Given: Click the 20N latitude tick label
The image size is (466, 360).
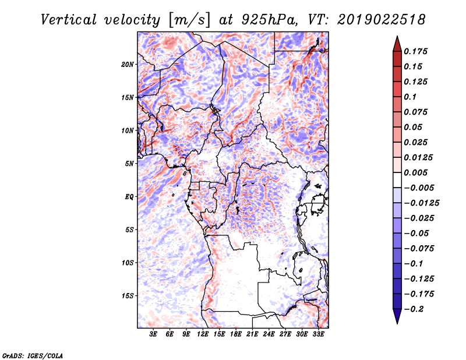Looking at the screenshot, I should tap(128, 64).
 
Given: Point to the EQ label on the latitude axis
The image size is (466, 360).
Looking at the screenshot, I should tap(129, 197).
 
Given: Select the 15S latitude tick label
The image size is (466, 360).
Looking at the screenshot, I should tap(128, 296).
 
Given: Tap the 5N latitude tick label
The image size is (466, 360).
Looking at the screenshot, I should tap(129, 164).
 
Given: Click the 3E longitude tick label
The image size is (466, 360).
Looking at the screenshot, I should tap(154, 334).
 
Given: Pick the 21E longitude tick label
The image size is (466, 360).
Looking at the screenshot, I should tap(252, 334).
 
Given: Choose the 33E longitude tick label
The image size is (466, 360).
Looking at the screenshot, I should tap(318, 334).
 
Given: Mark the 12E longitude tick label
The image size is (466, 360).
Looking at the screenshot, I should tap(203, 334).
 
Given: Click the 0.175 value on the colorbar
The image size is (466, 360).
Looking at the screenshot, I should tap(416, 51).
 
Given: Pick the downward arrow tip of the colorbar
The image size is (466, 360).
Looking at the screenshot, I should tap(397, 322).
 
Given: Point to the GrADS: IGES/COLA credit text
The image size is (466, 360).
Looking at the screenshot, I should tap(33, 354).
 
